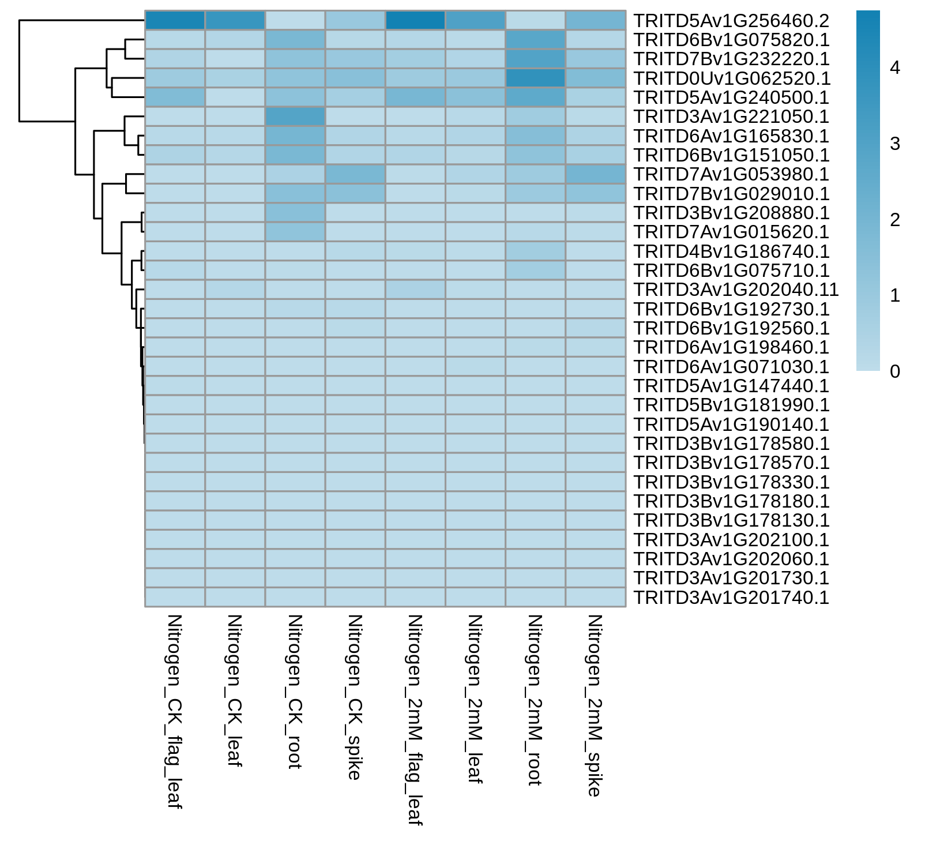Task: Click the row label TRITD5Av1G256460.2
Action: click(731, 21)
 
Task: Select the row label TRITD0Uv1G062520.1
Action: click(731, 78)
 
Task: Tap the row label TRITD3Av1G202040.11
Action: click(736, 290)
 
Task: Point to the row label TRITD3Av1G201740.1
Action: click(731, 598)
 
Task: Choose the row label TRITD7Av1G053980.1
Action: click(731, 174)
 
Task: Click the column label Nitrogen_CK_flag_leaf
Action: click(174, 712)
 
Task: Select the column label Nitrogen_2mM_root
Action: click(535, 700)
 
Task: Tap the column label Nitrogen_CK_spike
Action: click(355, 697)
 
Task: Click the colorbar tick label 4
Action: click(895, 68)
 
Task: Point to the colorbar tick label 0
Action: click(895, 371)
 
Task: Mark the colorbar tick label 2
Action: click(895, 220)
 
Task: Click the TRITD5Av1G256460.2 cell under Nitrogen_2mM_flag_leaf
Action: click(415, 20)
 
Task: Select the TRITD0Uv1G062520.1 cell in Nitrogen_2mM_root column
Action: click(535, 78)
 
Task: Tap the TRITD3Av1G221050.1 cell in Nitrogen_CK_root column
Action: click(295, 117)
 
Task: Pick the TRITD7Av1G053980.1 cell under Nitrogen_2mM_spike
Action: click(596, 174)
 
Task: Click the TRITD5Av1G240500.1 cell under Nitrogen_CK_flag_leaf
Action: click(175, 97)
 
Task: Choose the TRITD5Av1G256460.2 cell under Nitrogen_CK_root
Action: click(295, 20)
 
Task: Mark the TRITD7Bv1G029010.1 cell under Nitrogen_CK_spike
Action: click(355, 193)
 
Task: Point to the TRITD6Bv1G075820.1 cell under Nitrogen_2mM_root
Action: click(535, 40)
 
